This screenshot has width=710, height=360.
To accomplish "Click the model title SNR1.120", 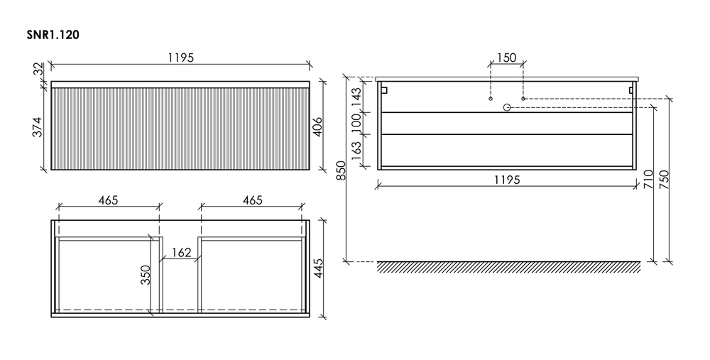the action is [x=53, y=36].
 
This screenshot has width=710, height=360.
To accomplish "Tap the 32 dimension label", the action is [x=39, y=69].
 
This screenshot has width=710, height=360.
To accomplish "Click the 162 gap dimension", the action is [x=181, y=253].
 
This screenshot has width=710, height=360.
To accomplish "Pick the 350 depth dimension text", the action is [x=146, y=275].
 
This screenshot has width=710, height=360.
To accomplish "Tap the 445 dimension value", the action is [x=318, y=268].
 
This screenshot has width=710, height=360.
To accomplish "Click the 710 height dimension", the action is [x=648, y=180].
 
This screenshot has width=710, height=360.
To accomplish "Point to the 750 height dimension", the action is [x=665, y=180].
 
